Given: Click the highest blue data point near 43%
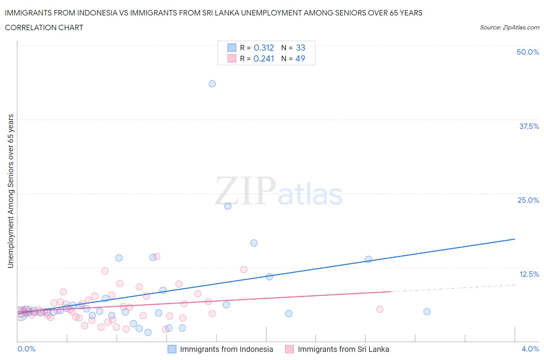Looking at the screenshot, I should click(x=212, y=84).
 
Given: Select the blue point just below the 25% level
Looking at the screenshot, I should click(x=228, y=206).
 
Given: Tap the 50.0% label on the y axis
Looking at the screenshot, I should click(x=528, y=52).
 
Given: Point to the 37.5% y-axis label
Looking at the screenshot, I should click(x=529, y=126).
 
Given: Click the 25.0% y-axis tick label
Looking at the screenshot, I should click(x=528, y=200).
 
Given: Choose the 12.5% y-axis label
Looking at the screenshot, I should click(x=529, y=274).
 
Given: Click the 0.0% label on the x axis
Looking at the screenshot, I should click(x=27, y=349).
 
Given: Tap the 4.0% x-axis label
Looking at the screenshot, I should click(x=530, y=349).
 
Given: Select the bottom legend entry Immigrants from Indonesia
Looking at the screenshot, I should click(x=226, y=349).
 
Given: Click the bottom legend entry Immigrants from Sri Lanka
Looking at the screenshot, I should click(x=343, y=349).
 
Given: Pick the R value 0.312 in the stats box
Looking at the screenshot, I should click(x=263, y=48).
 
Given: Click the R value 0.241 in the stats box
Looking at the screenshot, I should click(x=263, y=58).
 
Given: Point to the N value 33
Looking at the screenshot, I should click(x=301, y=48).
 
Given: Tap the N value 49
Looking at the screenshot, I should click(x=300, y=58).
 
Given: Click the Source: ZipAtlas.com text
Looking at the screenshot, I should click(x=509, y=27).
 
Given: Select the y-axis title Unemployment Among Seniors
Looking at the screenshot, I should click(x=11, y=191).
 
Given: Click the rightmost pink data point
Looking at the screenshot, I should click(x=380, y=309).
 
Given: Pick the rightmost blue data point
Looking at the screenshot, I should click(x=427, y=312).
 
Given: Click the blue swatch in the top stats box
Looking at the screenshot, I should click(x=232, y=48).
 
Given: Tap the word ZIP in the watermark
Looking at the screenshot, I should click(x=245, y=191).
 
